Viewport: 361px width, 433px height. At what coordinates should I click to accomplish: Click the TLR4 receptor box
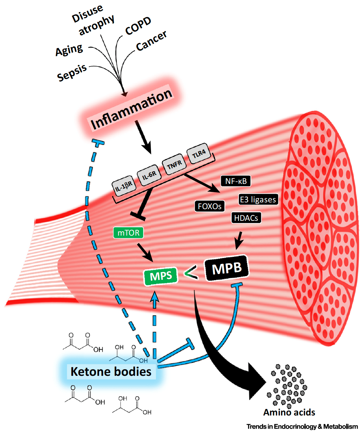click(x=199, y=153)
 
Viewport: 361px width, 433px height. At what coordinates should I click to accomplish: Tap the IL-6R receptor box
click(x=149, y=176)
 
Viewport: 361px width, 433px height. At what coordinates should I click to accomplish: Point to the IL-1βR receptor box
click(x=124, y=186)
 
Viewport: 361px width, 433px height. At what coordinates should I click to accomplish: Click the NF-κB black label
click(x=236, y=181)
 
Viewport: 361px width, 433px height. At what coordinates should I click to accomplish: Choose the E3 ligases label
click(x=258, y=200)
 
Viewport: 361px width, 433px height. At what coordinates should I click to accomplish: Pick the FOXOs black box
click(x=209, y=206)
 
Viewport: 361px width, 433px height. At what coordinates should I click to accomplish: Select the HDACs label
click(x=246, y=218)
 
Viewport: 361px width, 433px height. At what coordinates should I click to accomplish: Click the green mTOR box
click(x=128, y=233)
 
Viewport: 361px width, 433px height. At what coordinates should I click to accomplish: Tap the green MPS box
click(x=161, y=276)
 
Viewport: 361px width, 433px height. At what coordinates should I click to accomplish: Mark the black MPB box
click(x=227, y=268)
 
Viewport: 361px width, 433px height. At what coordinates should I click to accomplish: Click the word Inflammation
click(x=131, y=109)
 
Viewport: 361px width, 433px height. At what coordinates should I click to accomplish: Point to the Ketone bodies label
click(x=111, y=371)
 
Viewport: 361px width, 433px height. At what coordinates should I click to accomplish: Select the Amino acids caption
click(x=289, y=412)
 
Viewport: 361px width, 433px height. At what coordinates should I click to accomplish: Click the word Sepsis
click(x=72, y=73)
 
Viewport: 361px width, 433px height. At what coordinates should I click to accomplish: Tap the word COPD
click(x=138, y=26)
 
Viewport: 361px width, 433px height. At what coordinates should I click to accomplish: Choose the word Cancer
click(x=151, y=41)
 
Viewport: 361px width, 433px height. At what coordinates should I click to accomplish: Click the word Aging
click(x=69, y=50)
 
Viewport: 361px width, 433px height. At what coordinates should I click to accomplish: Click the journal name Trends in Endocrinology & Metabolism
click(x=302, y=427)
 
